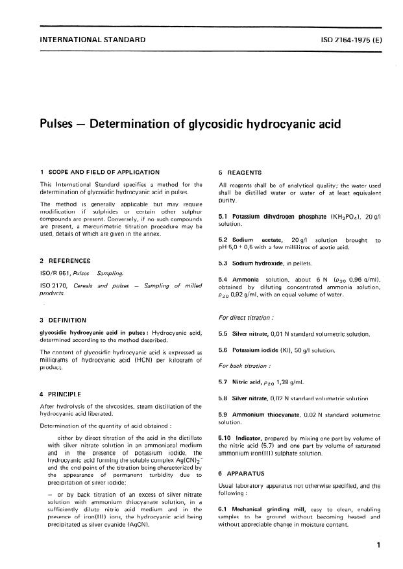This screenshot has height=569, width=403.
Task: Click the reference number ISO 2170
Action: (x=55, y=286)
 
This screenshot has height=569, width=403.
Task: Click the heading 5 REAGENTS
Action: (x=241, y=173)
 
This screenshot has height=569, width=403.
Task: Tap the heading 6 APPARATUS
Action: (x=243, y=475)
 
